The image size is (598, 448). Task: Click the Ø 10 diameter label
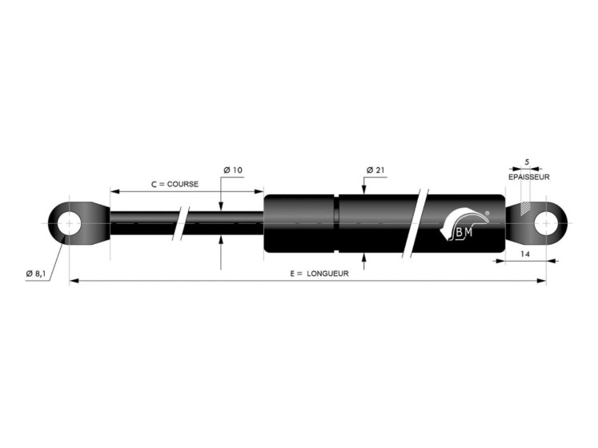point(233,170)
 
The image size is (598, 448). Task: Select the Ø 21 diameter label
point(375,170)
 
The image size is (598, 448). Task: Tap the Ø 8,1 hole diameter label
point(36,274)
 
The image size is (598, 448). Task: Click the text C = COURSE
point(175,184)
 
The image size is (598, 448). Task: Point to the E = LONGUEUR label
point(319,274)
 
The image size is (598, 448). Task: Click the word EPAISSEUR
point(529,178)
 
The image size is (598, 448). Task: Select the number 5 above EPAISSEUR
point(527,162)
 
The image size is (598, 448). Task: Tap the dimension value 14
point(525,254)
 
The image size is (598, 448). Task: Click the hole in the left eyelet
point(69,223)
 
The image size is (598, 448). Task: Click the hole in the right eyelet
point(546,223)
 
